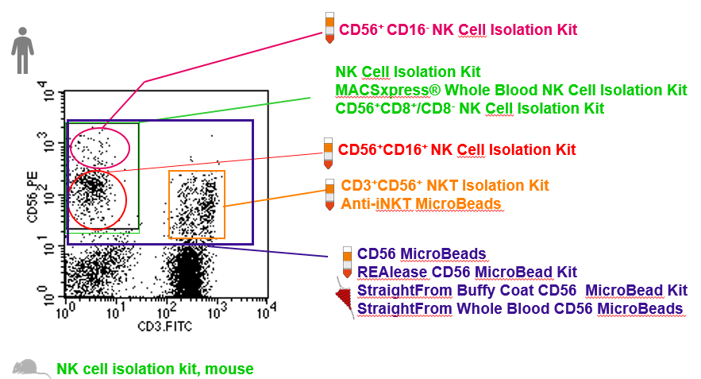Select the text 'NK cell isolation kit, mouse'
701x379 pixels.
[155, 369]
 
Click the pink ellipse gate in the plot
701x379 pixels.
[99, 147]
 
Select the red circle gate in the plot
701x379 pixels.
[97, 199]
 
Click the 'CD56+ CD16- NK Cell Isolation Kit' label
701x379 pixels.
[457, 30]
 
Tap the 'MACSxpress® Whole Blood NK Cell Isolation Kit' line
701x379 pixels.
[510, 90]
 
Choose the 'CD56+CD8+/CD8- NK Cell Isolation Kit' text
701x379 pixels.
[469, 108]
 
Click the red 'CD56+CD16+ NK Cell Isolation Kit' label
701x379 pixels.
[456, 149]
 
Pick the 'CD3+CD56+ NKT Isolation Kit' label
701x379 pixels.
[445, 186]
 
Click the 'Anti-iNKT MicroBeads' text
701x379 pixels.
[421, 204]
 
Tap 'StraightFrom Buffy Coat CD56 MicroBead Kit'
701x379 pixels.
[522, 291]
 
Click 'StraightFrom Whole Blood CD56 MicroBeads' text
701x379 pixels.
[520, 308]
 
